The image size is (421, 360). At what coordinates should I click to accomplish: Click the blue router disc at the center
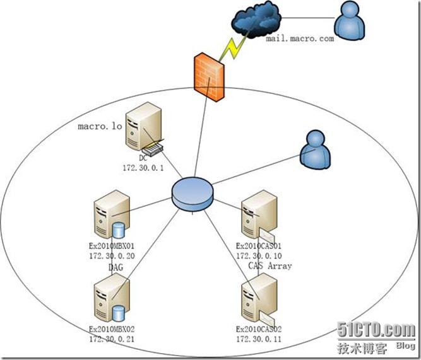191,195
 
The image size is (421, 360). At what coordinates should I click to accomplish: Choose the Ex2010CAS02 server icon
258,299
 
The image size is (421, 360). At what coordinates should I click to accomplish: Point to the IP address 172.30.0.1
143,168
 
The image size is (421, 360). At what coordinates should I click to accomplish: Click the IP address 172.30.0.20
112,256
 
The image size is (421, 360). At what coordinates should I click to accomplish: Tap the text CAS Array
270,266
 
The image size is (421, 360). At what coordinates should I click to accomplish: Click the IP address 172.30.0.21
112,339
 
